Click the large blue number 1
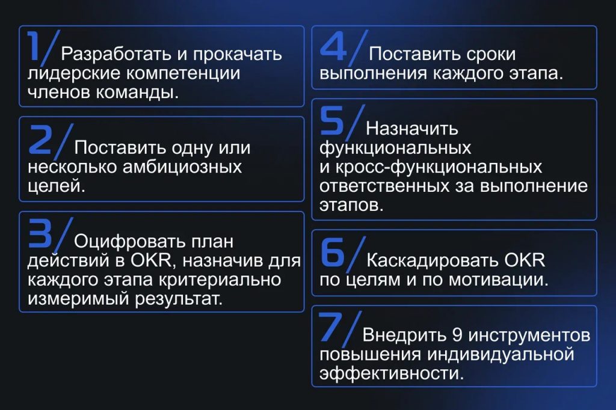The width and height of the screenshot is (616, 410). point(34,46)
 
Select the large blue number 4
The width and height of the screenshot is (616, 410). point(333,46)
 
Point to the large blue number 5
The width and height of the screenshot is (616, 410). point(331,121)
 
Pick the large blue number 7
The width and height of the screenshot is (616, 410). point(332,327)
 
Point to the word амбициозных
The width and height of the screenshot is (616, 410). point(182,167)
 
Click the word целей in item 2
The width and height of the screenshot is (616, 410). point(56,186)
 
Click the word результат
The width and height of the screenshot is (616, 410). point(179,299)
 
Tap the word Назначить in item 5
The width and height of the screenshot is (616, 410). point(412,129)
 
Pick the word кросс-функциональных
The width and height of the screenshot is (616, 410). point(439,167)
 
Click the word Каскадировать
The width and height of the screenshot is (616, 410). point(432,260)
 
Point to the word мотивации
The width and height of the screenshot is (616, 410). point(498,280)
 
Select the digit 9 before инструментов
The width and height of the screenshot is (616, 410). point(457,335)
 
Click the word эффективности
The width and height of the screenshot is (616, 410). point(392,373)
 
